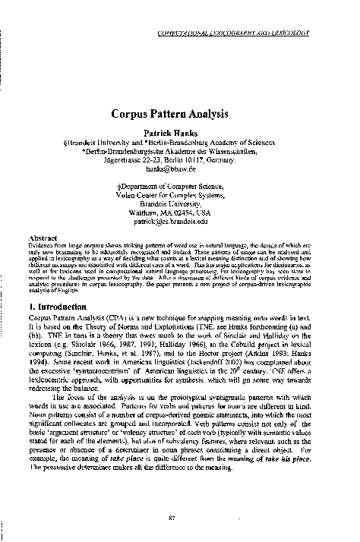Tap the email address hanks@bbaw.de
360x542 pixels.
(x=179, y=172)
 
